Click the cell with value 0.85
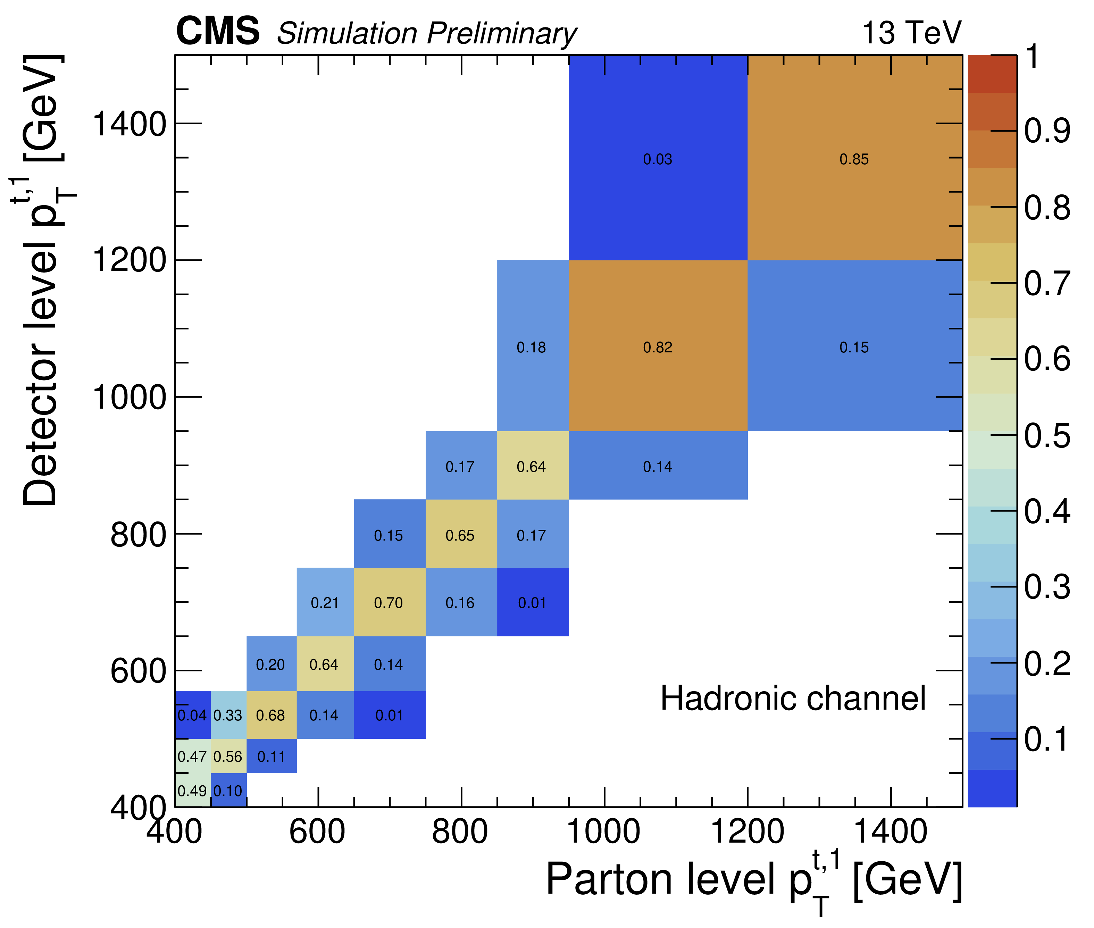click(x=855, y=157)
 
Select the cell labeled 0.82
click(x=658, y=346)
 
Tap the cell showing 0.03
click(x=658, y=157)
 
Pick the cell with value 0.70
click(x=390, y=602)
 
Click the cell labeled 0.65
click(x=461, y=534)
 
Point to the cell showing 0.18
click(x=533, y=346)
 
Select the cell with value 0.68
click(x=272, y=715)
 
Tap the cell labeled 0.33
click(x=229, y=715)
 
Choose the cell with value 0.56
click(x=229, y=756)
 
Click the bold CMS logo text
click(x=218, y=31)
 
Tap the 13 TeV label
click(x=911, y=33)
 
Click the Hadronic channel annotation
click(x=793, y=698)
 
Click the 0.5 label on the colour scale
click(x=1047, y=436)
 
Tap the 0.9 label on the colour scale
click(x=1047, y=131)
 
